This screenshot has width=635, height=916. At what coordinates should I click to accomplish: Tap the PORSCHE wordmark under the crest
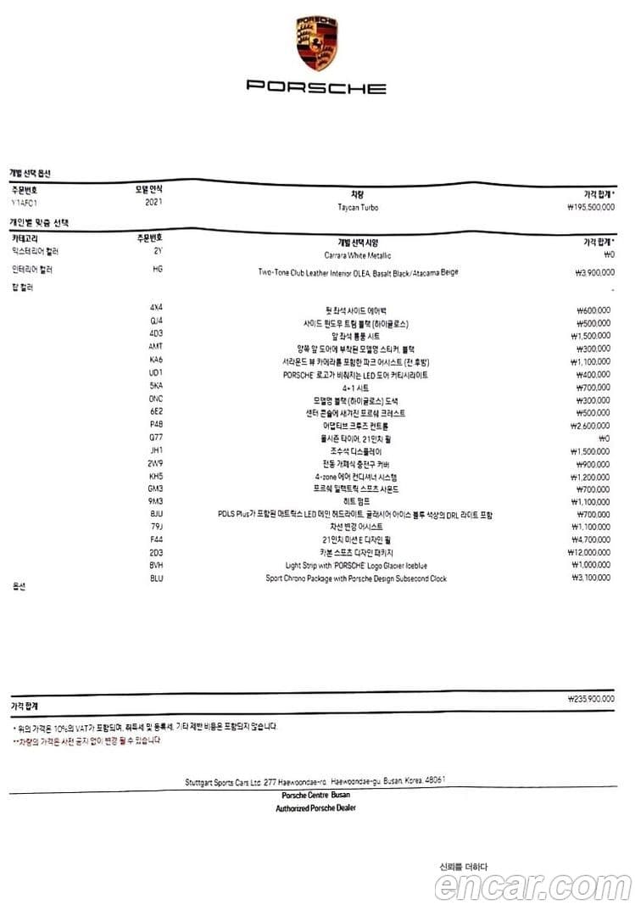point(316,87)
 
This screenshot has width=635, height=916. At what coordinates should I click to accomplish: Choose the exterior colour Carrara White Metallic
point(357,254)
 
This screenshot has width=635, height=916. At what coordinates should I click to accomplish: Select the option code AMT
point(156,348)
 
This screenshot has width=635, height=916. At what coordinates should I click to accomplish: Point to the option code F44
point(156,539)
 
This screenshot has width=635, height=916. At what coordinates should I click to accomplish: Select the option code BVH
point(156,565)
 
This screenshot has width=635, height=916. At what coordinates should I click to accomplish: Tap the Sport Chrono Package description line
point(356,578)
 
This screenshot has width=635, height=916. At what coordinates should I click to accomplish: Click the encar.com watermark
point(533,887)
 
